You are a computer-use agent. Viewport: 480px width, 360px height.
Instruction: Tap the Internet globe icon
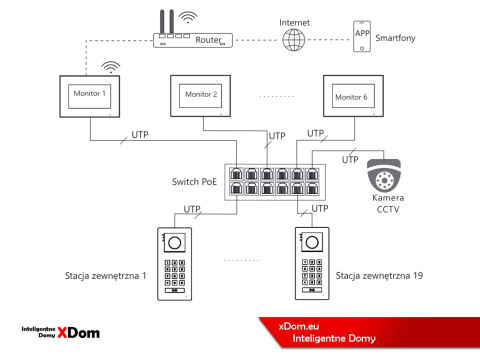293,40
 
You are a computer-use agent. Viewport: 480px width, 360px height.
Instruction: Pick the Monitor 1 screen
90,93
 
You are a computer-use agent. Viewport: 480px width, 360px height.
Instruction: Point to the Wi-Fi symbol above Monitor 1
109,68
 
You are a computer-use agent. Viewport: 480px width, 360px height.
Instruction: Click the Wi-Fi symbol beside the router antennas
190,16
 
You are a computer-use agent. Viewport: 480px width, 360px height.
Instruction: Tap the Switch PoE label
195,183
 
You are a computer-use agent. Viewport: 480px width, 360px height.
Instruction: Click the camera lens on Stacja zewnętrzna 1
175,242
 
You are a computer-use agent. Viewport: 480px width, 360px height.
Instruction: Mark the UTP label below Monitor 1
140,134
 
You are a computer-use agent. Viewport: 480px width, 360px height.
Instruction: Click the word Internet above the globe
293,20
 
